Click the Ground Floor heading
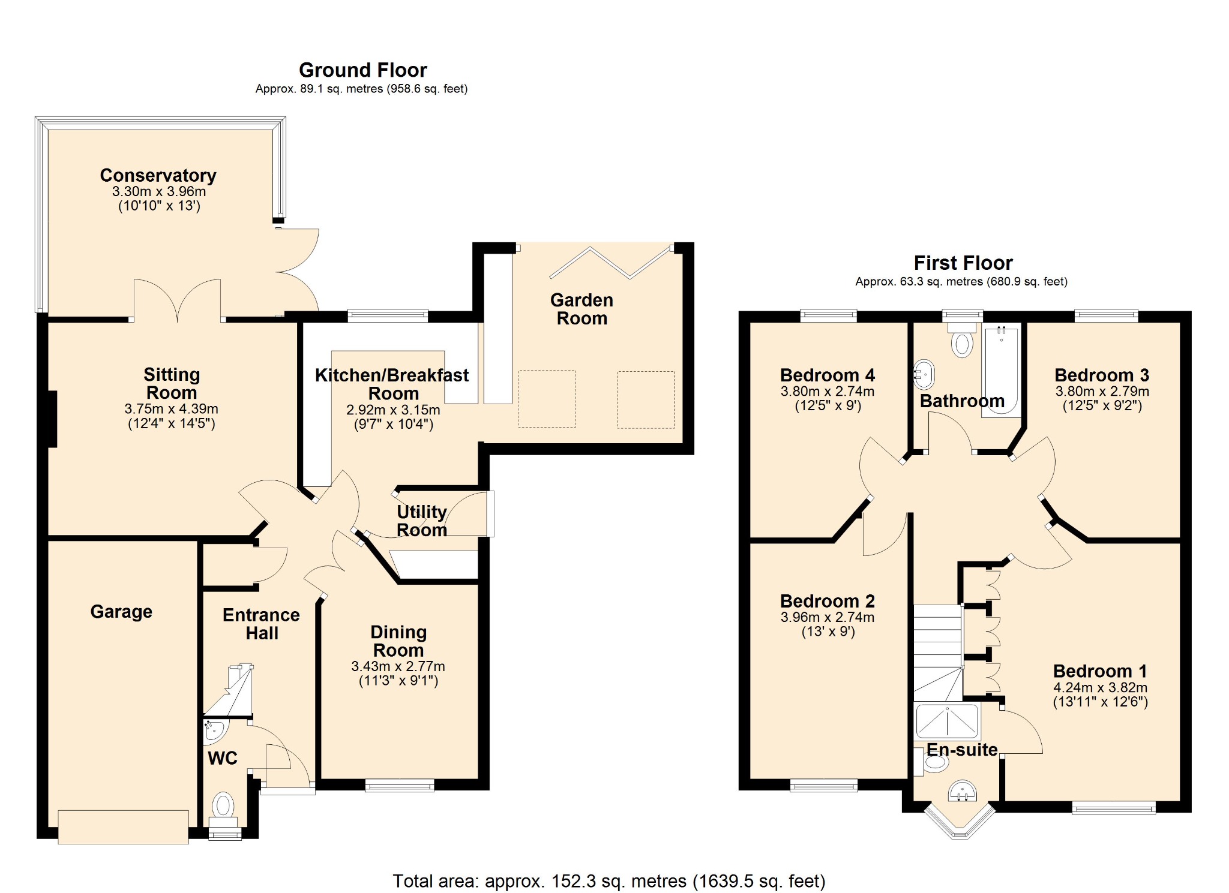pos(362,70)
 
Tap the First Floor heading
pos(963,263)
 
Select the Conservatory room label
pos(158,175)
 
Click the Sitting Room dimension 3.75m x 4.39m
pos(171,409)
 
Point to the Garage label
pos(121,611)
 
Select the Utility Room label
pos(421,521)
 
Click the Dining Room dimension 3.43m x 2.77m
pos(398,666)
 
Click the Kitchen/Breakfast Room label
pos(392,384)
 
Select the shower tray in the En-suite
pos(947,721)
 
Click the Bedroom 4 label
pos(827,375)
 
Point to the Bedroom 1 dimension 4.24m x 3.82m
pos(1100,687)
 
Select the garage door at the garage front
pos(123,827)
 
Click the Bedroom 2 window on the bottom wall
pos(824,785)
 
